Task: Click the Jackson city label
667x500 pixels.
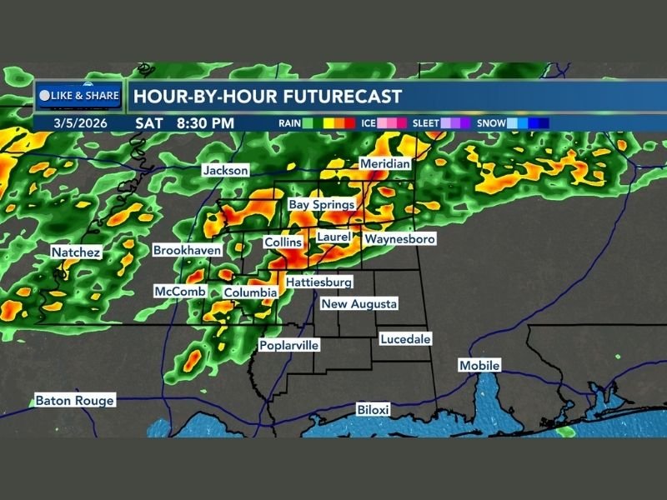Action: coord(226,170)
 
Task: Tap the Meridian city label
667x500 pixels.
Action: coord(385,164)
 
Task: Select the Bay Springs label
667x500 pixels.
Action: coord(322,204)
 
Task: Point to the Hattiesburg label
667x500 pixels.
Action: coord(319,282)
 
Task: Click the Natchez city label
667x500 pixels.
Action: coord(76,252)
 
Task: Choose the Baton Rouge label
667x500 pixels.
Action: coord(74,400)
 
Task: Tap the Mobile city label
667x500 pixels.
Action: coord(479,366)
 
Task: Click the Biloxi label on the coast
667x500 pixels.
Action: coord(374,410)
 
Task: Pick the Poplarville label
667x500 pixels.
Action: coord(285,345)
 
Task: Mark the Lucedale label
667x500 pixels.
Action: coord(405,339)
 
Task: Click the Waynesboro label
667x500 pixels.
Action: coord(400,239)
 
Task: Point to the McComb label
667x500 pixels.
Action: coord(174,292)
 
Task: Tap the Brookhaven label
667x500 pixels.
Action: coord(188,250)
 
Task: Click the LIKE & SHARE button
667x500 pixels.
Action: coord(80,96)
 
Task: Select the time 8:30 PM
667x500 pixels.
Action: coord(205,122)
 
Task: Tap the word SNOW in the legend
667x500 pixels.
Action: coord(492,123)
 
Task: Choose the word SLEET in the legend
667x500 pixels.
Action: coord(426,123)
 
